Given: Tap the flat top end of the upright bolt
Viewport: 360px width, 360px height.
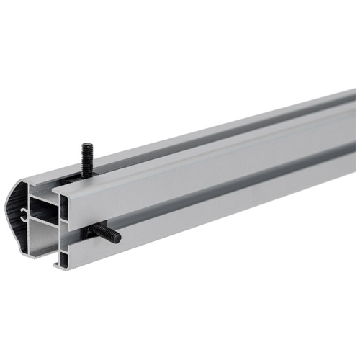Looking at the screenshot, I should pyautogui.click(x=87, y=145).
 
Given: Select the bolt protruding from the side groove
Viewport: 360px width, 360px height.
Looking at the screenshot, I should pyautogui.click(x=107, y=233).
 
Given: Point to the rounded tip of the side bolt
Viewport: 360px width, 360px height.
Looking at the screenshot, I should pyautogui.click(x=117, y=238).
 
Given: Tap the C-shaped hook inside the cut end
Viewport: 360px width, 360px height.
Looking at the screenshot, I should pyautogui.click(x=26, y=212).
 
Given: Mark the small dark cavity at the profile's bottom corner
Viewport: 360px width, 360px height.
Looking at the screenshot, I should pyautogui.click(x=63, y=258).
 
